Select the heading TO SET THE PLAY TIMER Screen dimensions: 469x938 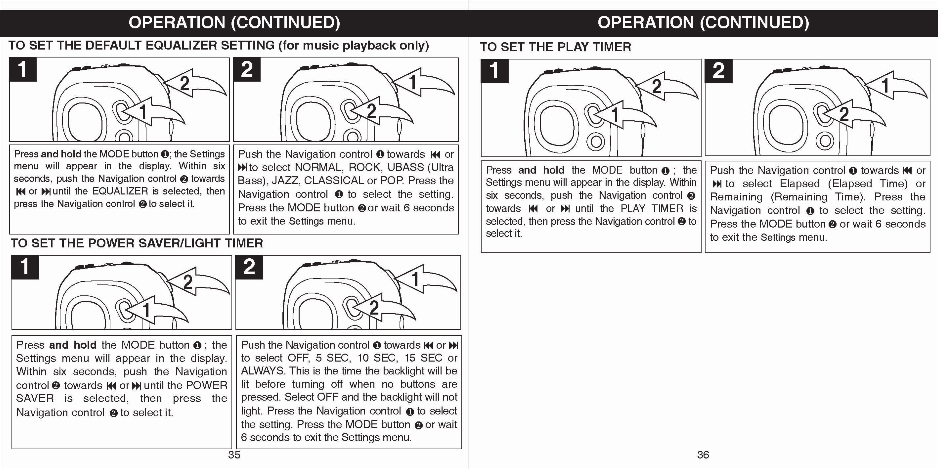(x=555, y=47)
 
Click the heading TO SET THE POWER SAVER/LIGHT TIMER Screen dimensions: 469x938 (x=137, y=243)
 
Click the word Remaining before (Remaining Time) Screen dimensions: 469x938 (x=736, y=197)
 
